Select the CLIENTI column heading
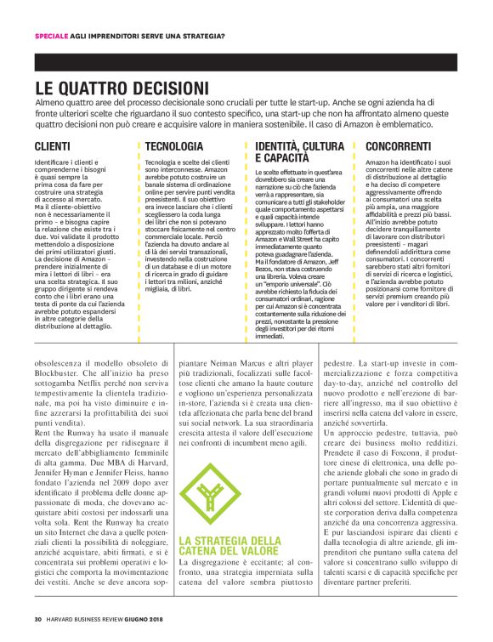click(53, 146)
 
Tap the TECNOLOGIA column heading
click(174, 146)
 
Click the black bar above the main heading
click(246, 61)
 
